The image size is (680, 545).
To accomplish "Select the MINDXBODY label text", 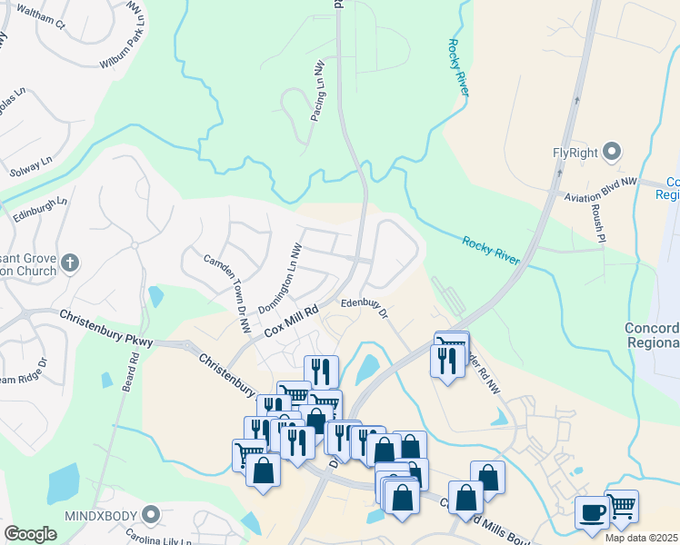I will [x=99, y=515].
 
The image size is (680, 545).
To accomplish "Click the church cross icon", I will [x=70, y=263].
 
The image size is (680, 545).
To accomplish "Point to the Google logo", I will [x=30, y=534].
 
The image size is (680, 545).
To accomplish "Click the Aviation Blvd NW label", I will [x=600, y=191].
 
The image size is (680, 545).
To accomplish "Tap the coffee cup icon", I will [x=592, y=512].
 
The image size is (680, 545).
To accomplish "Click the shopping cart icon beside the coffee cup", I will [x=621, y=505].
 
